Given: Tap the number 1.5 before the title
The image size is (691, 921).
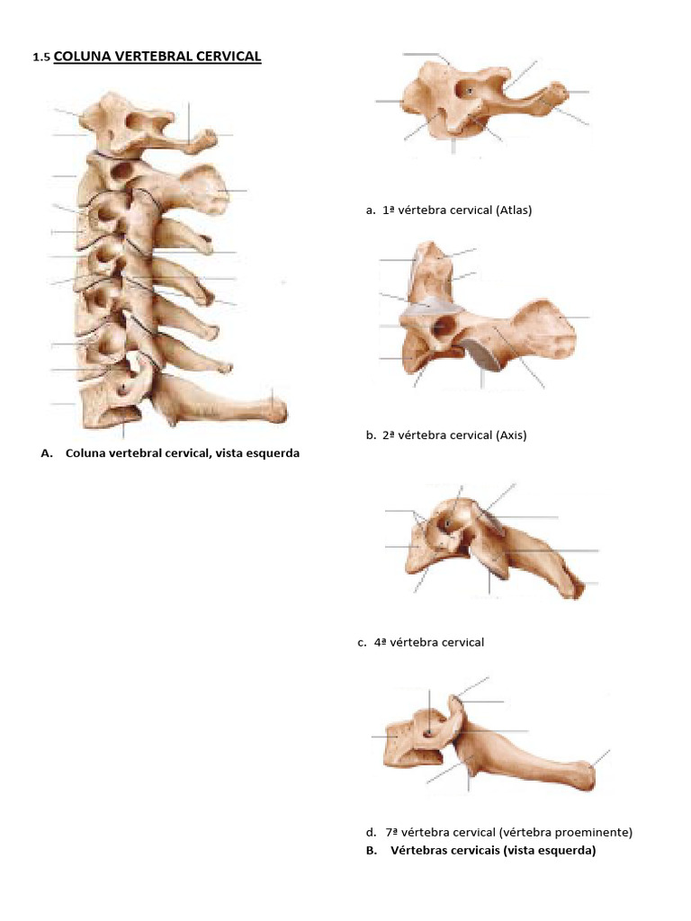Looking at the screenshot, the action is point(40,58).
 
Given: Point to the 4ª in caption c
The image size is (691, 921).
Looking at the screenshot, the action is point(381,642).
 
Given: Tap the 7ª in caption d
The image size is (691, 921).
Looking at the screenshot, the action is point(392,832).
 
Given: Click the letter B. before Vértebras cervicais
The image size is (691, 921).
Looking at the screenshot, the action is point(372,850).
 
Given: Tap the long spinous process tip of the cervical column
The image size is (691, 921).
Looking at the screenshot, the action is point(278,409).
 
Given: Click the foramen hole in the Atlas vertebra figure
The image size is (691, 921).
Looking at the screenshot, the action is point(470,91).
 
